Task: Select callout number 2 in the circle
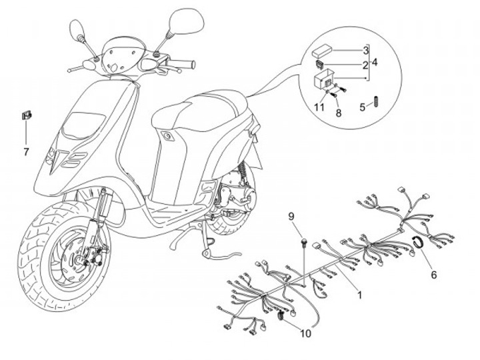(x=366, y=65)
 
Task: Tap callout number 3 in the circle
(x=366, y=51)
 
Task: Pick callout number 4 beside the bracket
(x=375, y=62)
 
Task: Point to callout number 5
(x=363, y=106)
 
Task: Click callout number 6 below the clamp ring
(x=433, y=273)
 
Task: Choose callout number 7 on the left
(x=26, y=152)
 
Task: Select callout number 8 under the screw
(x=339, y=113)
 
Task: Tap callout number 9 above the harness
(x=291, y=216)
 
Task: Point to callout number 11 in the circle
(x=319, y=107)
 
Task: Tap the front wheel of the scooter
(x=63, y=247)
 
